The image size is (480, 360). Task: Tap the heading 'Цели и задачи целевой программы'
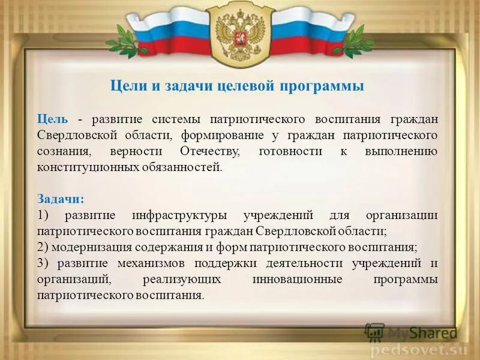[238, 86]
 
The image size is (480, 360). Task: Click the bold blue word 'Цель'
[53, 118]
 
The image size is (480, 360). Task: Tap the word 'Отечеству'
[209, 151]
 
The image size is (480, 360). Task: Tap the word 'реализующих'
[182, 279]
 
